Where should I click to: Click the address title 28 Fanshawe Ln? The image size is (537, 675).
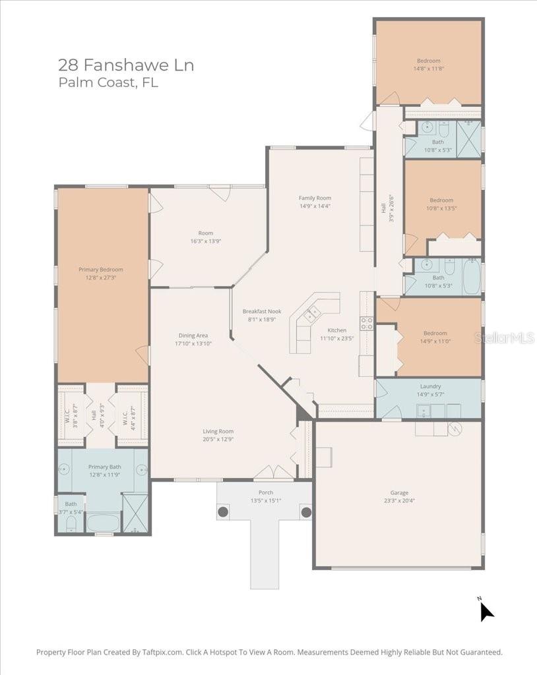pos(125,65)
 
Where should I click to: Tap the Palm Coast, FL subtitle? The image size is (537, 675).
pos(108,83)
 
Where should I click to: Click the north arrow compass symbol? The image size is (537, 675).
pos(486,610)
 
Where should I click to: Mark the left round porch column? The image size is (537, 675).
pos(223,512)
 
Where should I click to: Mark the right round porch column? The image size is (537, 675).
pos(306,512)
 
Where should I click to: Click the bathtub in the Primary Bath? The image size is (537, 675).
pos(104,523)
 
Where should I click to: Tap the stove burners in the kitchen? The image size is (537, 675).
pos(367,323)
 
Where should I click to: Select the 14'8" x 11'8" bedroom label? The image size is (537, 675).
pos(428,65)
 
